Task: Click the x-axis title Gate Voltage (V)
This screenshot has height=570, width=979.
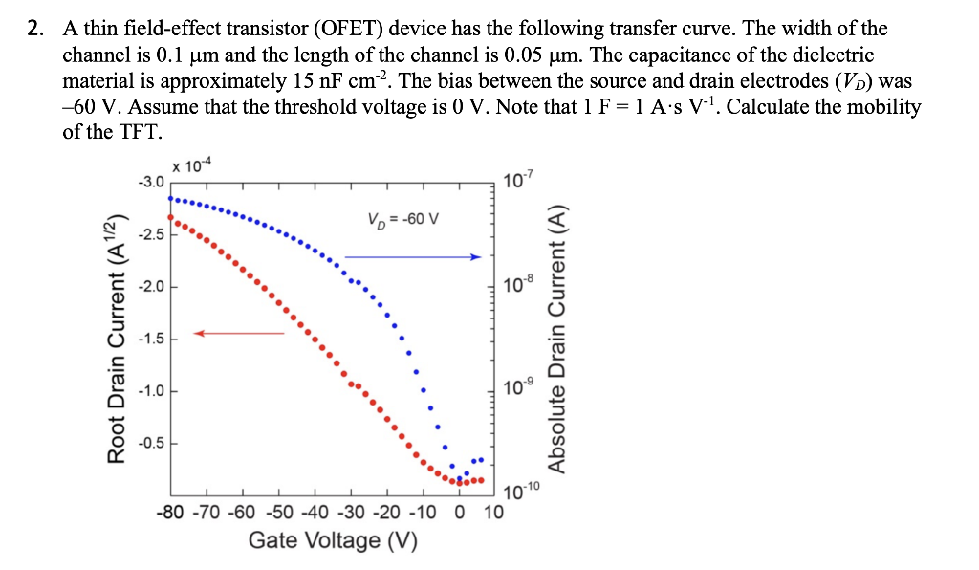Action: click(x=333, y=540)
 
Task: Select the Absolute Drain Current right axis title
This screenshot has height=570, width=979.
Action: click(x=557, y=340)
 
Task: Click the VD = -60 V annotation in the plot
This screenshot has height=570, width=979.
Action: click(x=402, y=218)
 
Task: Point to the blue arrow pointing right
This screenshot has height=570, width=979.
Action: click(x=411, y=256)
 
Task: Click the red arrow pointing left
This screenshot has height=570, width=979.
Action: click(x=240, y=333)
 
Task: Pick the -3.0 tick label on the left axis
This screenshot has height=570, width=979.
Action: click(x=151, y=181)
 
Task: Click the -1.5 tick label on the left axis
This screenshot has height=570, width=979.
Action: click(x=151, y=339)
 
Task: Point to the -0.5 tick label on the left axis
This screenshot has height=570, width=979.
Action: click(x=151, y=443)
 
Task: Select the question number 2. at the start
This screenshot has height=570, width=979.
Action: click(x=35, y=30)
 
